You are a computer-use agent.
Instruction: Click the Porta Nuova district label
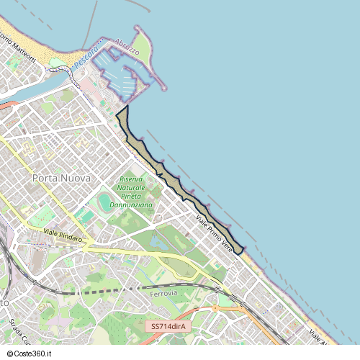point(61,177)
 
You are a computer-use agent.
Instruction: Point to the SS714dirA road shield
point(169,326)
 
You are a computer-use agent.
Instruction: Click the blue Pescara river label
point(86,57)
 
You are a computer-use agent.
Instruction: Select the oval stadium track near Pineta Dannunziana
point(105,201)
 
